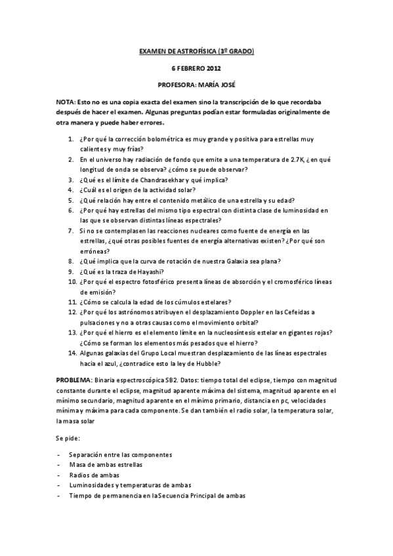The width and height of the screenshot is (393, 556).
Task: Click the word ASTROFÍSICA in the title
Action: (x=197, y=51)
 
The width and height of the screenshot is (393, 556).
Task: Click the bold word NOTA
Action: (x=65, y=103)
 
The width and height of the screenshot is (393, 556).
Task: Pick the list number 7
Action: (x=70, y=231)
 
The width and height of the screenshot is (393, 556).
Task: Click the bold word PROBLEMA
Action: (x=74, y=380)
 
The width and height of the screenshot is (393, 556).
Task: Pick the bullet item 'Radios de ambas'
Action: (x=98, y=475)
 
